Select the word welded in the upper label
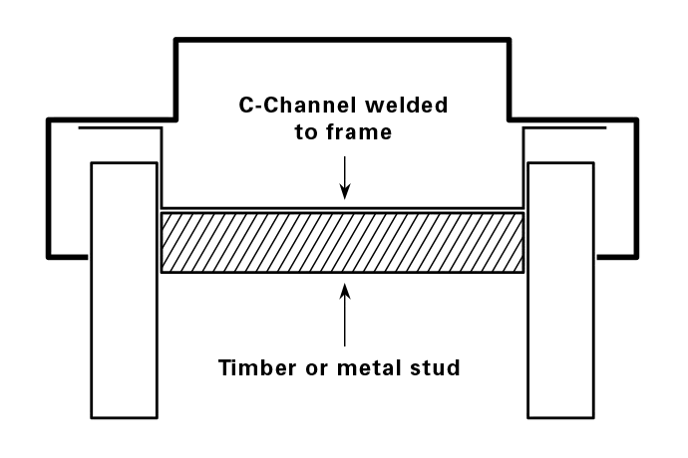coord(409,104)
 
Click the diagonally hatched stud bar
coord(342,242)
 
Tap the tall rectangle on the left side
coord(125,289)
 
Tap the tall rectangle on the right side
coord(560,289)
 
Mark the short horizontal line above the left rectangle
coord(120,128)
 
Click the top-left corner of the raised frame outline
coord(176,40)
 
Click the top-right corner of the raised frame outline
coord(509,40)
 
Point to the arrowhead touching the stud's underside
coord(344,288)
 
